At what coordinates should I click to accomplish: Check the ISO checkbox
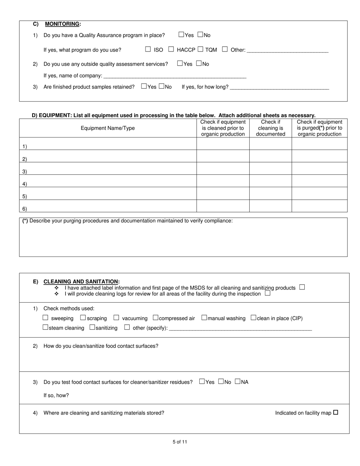148,49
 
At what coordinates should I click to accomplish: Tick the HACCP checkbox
171,49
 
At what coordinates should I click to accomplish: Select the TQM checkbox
200,49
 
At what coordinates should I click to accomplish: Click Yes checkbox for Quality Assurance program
181,34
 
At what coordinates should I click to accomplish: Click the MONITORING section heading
62,24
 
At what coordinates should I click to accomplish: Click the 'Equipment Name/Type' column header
108,128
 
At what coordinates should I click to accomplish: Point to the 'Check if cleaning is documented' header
271,128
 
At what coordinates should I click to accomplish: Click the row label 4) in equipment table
24,184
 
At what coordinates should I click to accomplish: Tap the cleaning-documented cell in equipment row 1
271,144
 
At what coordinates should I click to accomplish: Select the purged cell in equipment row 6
319,206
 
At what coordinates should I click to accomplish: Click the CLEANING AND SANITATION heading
81,281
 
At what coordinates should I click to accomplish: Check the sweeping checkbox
45,317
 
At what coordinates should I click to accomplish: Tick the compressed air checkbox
155,317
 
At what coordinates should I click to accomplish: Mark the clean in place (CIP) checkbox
254,317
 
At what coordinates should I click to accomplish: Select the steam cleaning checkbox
45,327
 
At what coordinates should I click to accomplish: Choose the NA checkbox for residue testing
238,381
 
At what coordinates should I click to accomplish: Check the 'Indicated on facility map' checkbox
335,413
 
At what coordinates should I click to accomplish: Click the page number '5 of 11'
180,442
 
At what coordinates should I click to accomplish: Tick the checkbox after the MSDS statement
302,287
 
